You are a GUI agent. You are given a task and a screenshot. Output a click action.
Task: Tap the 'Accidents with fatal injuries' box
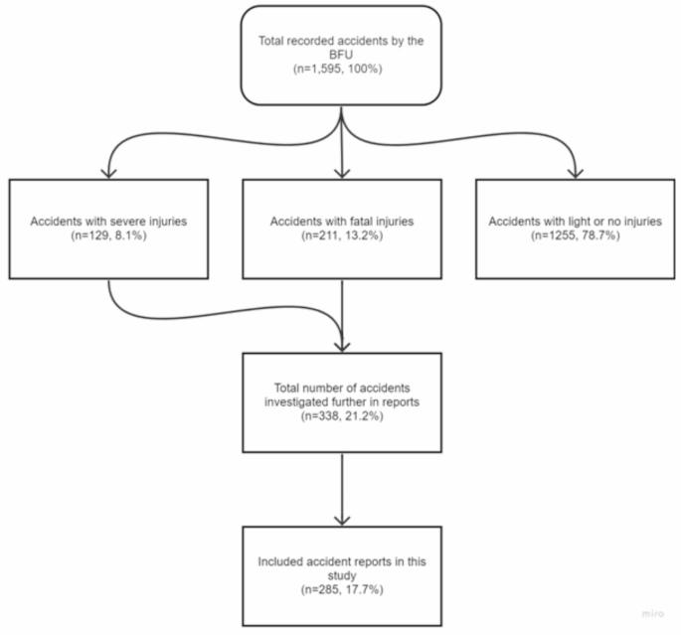click(341, 229)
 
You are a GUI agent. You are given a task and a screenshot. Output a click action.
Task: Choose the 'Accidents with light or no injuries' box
click(574, 229)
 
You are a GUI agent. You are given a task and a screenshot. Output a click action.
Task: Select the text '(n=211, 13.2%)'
click(341, 238)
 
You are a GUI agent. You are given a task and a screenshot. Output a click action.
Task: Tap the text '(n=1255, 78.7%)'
click(574, 238)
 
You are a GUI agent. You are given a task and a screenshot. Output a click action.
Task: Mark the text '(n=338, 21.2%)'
click(341, 418)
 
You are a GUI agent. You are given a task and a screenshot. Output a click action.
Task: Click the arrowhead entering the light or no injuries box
click(574, 173)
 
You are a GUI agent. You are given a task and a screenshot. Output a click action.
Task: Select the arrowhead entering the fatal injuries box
click(341, 173)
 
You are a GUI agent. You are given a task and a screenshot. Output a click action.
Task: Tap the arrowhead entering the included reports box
click(341, 521)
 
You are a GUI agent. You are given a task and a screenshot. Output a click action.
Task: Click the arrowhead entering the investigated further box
click(341, 344)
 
